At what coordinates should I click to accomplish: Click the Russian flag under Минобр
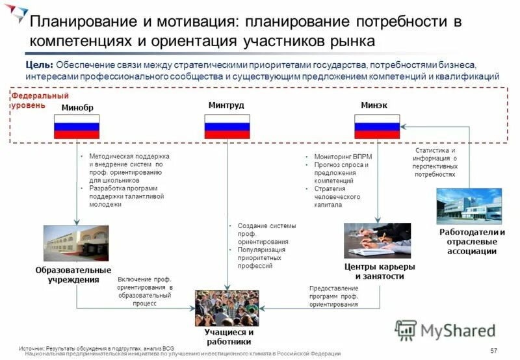[x=77, y=126]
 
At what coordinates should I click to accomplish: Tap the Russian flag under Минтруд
[x=227, y=126]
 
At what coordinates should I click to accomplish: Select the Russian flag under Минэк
[x=377, y=126]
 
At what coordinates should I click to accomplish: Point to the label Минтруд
[x=226, y=105]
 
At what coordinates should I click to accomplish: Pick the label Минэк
[x=374, y=105]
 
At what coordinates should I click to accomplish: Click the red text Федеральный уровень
[x=31, y=101]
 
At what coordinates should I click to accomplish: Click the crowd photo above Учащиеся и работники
[x=227, y=307]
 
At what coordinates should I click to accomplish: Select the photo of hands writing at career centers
[x=377, y=240]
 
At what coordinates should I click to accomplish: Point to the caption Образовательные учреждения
[x=73, y=275]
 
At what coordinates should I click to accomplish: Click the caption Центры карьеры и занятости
[x=379, y=271]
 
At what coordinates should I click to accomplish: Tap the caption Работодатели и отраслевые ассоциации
[x=472, y=242]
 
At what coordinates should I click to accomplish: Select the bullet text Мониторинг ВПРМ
[x=339, y=157]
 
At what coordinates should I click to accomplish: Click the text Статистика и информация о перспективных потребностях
[x=435, y=162]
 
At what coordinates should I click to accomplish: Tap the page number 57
[x=493, y=351]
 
